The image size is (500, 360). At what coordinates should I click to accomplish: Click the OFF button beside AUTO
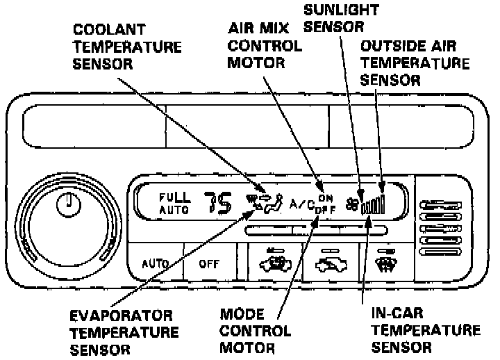tap(208, 264)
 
